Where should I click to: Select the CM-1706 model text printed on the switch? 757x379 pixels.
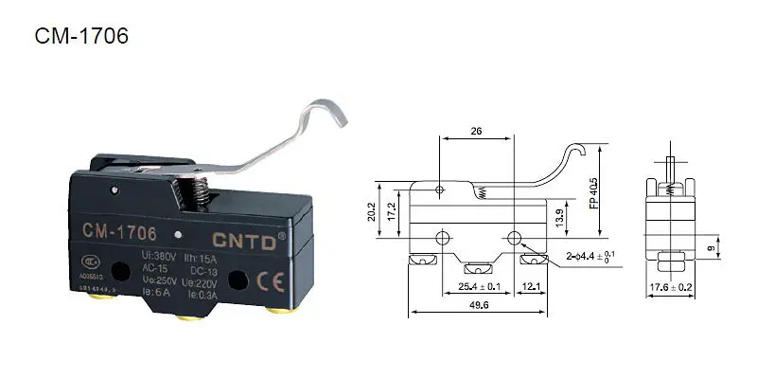pos(118,231)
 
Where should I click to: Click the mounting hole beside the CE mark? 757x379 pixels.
pos(239,279)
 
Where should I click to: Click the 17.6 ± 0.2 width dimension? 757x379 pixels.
pos(672,287)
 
